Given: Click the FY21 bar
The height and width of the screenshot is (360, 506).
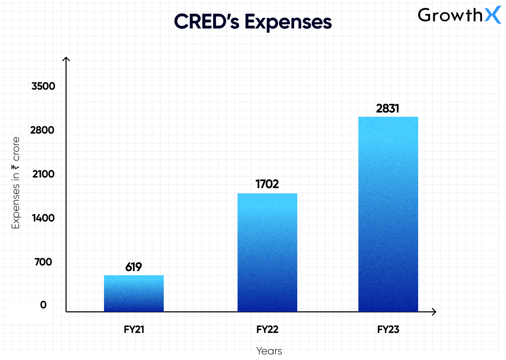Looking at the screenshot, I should point(134,294).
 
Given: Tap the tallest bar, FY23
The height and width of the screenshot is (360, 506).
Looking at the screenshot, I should point(388,214).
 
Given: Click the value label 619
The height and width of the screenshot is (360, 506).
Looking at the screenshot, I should point(134,267).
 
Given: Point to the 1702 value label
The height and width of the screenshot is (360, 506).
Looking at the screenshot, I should point(267,184).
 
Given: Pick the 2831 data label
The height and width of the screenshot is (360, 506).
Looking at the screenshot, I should point(388,108).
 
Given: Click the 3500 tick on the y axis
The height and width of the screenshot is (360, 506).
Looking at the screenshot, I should point(43,86).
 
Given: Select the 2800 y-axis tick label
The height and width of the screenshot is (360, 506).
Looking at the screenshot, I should point(42,130).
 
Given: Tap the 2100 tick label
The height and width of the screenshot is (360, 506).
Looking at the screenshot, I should point(43,174).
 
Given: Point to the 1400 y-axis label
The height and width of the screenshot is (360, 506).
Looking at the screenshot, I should point(43,218).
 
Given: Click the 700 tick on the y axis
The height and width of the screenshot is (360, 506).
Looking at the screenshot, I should point(43,262).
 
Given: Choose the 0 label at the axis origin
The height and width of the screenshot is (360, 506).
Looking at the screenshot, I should point(43,305).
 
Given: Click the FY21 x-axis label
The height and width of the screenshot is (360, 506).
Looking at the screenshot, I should point(134,329).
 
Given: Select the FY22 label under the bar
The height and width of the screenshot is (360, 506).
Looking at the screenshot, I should point(267,329).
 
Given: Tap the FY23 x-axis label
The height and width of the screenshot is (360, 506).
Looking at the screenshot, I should point(388,329).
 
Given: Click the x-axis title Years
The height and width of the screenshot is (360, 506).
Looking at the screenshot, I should point(269,351).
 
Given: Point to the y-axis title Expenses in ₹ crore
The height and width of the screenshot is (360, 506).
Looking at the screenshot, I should point(16,183).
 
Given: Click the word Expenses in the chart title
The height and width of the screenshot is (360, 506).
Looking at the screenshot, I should point(288,22).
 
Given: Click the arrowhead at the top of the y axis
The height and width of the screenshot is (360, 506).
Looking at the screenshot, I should point(66,59).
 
